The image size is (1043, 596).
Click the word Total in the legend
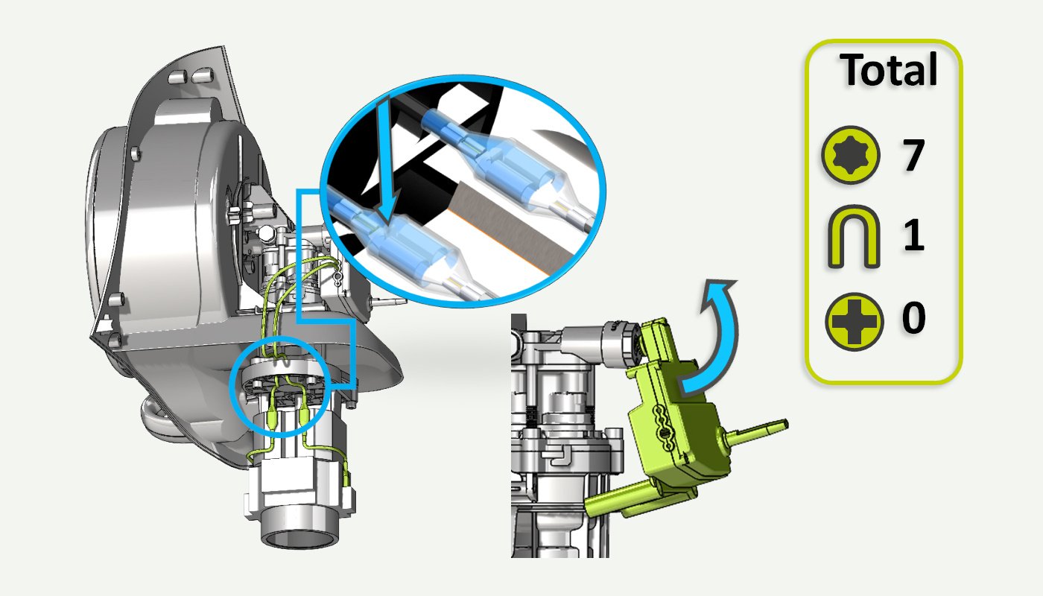pos(888,70)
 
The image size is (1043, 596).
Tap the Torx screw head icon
pos(851,155)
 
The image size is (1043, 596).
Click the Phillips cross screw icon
pos(854,322)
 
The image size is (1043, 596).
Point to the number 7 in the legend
pos(913,155)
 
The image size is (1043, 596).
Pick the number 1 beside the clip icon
pos(913,235)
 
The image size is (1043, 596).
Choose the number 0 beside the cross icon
pos(913,317)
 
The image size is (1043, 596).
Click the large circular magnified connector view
pos(463,191)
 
